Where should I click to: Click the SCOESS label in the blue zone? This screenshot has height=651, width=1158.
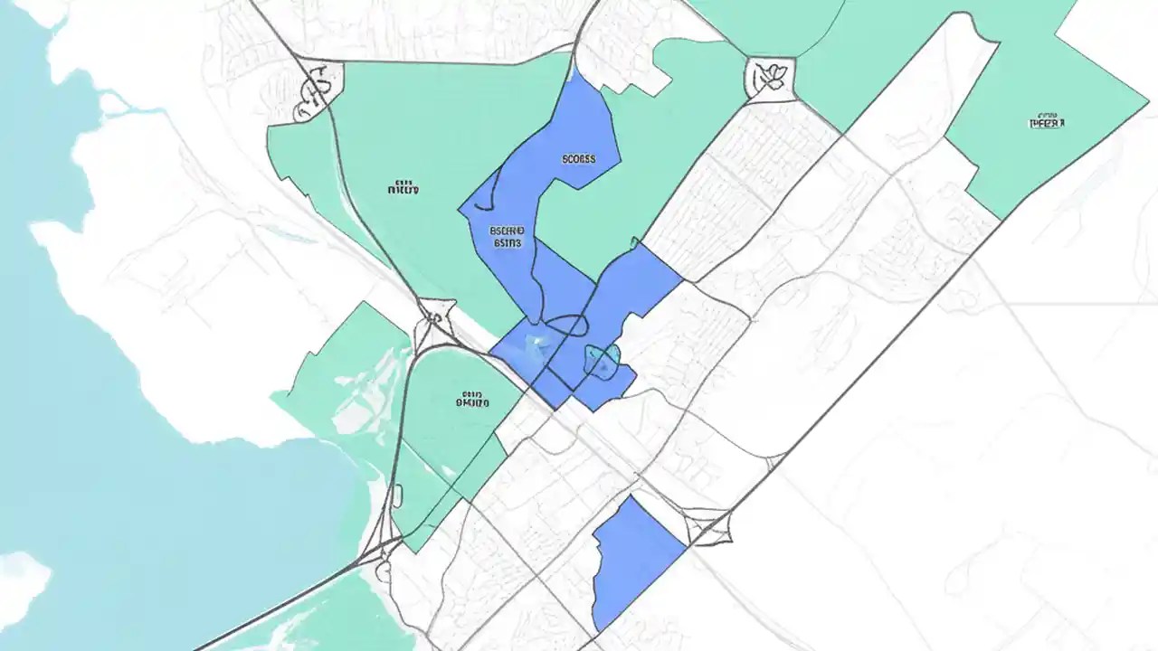579,159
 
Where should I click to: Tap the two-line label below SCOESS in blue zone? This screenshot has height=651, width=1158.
508,236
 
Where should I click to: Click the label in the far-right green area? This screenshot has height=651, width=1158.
1047,120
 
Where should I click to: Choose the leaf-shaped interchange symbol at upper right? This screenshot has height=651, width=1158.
771,77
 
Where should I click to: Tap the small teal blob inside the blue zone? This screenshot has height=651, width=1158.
602,359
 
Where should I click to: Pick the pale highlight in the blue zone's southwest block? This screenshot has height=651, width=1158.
535,342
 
